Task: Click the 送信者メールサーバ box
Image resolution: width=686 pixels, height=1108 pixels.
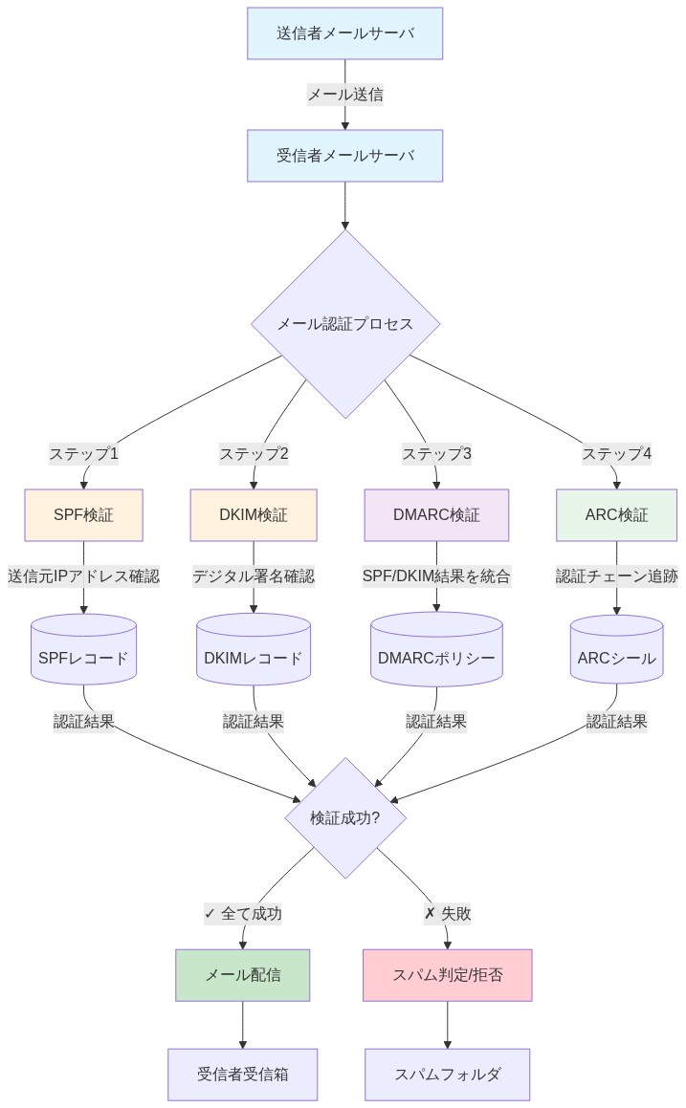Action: [344, 33]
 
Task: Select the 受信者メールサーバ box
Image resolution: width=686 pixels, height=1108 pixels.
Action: [344, 155]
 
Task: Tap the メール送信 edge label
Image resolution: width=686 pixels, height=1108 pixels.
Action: [344, 95]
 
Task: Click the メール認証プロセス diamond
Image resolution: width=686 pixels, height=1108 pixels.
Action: [344, 324]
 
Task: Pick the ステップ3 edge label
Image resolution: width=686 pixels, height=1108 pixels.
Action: [436, 454]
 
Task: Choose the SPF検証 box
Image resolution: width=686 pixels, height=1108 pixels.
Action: [83, 515]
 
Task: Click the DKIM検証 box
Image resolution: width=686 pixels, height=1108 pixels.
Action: [253, 515]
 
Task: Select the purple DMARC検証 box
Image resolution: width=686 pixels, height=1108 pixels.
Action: [436, 515]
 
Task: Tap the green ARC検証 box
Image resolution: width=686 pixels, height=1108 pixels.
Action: [616, 515]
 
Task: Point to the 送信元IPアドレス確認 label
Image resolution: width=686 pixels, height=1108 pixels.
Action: [83, 576]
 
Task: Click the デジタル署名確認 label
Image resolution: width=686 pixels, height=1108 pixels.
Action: [253, 576]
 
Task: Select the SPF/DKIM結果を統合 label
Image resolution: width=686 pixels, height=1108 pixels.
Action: [436, 576]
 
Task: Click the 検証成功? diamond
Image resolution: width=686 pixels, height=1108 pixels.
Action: [344, 818]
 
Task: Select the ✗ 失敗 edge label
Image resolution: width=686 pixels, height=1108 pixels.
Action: [447, 914]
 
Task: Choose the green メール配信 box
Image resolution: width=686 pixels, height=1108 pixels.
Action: [243, 975]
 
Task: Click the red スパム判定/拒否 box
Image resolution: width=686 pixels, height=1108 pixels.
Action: [447, 975]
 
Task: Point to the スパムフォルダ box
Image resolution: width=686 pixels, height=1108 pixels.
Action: [447, 1075]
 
